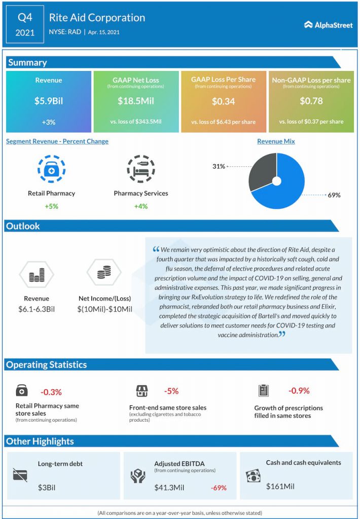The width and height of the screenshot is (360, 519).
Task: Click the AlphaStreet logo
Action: click(x=328, y=24)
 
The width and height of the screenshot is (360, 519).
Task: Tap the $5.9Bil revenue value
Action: click(x=49, y=101)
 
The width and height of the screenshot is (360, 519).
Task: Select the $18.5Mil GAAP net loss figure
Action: click(x=136, y=101)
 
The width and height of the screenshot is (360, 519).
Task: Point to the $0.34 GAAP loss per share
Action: click(x=223, y=101)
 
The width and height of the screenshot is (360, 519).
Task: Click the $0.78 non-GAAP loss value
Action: click(x=311, y=101)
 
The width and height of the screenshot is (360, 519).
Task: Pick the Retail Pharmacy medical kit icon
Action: click(x=51, y=170)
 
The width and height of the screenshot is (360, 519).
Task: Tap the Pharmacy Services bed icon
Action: click(x=140, y=170)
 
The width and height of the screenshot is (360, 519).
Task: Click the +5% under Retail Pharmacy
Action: click(x=51, y=206)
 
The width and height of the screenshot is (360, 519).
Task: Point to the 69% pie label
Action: click(x=334, y=195)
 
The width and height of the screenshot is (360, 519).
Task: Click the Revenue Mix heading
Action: click(x=276, y=141)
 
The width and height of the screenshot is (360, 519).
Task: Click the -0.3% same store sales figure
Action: click(x=51, y=392)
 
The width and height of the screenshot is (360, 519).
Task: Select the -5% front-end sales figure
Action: click(x=171, y=391)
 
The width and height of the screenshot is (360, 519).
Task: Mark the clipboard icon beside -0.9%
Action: click(x=263, y=391)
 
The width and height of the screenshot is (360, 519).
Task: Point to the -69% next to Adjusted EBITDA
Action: click(x=219, y=488)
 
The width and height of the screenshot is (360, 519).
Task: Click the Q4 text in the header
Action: click(x=25, y=17)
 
